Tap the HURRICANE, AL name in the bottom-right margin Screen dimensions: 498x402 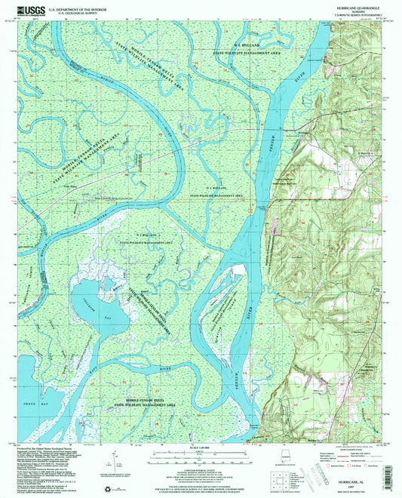pos(354,468)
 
